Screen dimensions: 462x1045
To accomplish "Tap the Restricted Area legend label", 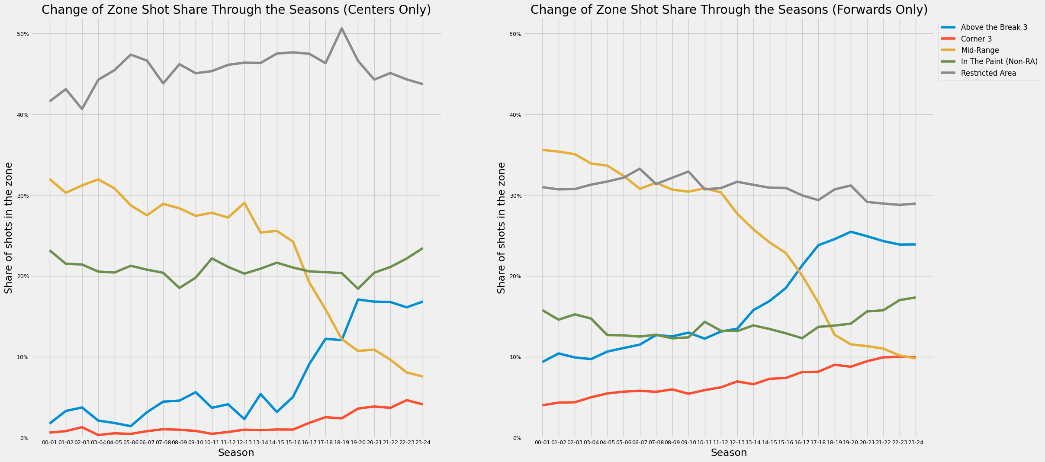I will [x=988, y=73].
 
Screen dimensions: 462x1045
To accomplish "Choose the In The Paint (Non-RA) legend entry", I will [x=999, y=61].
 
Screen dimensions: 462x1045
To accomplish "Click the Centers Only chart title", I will [x=236, y=10].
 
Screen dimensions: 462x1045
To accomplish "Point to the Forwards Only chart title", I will [x=729, y=10].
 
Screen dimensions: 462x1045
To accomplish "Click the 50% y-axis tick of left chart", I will [x=35, y=34].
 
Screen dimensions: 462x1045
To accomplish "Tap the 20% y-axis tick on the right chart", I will [x=528, y=276].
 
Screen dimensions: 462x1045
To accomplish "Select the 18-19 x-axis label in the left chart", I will [x=341, y=443].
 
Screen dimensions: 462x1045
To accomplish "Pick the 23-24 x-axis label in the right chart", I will [x=915, y=443].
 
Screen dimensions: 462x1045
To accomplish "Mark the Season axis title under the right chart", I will [x=729, y=453].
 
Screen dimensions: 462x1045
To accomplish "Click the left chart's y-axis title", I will [x=9, y=228].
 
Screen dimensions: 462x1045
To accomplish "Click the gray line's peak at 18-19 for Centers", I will [x=341, y=29].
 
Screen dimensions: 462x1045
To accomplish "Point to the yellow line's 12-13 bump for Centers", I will [x=244, y=202].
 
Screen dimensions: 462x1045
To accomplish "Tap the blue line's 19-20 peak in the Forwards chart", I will [x=851, y=232].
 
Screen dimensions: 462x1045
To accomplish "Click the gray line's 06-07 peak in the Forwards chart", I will [x=640, y=169].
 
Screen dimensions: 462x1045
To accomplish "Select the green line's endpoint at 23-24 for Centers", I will [x=422, y=248].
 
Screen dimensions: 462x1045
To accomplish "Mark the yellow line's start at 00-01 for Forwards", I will [x=543, y=150].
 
